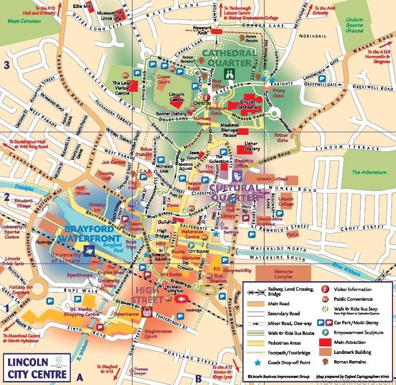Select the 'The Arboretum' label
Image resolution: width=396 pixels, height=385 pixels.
[x=369, y=172]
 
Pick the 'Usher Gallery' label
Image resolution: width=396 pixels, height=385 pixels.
[x=250, y=146]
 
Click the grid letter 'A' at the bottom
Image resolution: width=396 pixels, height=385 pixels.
[x=79, y=377]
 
